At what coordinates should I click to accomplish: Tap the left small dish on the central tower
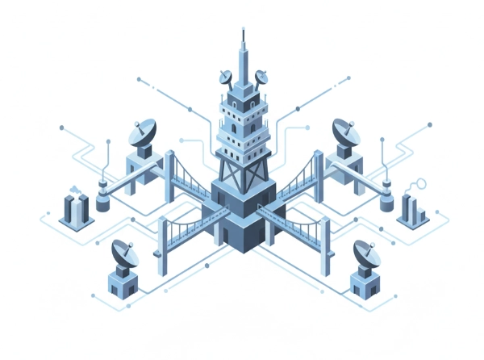tap(225, 78)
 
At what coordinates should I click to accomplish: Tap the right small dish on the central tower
tap(261, 77)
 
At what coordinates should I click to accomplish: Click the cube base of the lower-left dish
tap(123, 282)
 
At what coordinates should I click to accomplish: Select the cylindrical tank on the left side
tap(102, 198)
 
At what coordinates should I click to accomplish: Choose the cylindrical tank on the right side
tap(386, 198)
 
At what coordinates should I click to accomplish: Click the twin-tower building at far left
tap(75, 208)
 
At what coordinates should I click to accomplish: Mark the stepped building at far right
tap(412, 210)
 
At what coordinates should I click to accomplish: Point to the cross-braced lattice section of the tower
tap(242, 165)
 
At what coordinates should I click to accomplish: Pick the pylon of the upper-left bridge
tap(169, 175)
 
